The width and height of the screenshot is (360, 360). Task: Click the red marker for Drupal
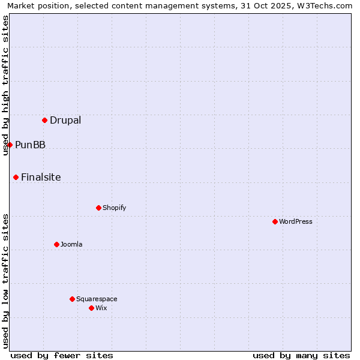coord(44,120)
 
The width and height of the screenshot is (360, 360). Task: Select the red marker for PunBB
coord(10,145)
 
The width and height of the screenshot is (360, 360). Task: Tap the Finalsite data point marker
coord(16,177)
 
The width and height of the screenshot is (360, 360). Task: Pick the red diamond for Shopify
coord(98,208)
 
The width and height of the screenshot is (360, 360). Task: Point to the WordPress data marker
coord(275,221)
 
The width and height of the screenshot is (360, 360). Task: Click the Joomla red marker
coord(56,244)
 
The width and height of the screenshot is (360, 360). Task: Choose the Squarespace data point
coord(72,299)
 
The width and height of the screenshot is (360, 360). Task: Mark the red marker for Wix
coord(91,308)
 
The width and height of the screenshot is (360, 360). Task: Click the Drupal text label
coord(65,120)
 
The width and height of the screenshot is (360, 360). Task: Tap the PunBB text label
coord(31,145)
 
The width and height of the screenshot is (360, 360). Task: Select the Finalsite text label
coord(41,177)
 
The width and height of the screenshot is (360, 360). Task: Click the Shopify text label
coord(115,208)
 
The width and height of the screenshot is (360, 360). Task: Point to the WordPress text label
coord(296,221)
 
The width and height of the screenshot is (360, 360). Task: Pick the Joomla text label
coord(71,244)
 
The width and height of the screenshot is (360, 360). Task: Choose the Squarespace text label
coord(97,299)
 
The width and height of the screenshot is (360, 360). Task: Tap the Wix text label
coord(101,308)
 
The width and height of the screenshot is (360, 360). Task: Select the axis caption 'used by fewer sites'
coord(62,355)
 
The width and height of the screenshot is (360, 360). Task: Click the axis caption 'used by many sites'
coord(301,355)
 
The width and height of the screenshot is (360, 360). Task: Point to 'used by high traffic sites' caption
coord(5,85)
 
